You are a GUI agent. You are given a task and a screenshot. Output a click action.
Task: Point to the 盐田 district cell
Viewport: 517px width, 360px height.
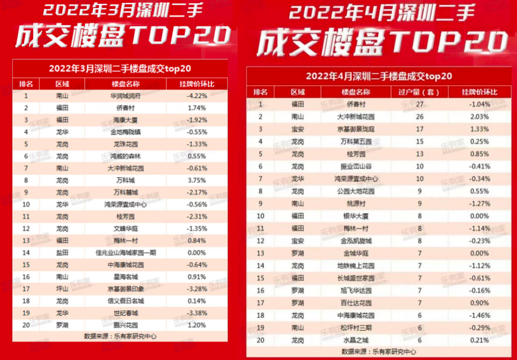click(62, 252)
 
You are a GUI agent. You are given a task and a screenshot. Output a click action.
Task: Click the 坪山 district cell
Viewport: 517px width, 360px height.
click(62, 289)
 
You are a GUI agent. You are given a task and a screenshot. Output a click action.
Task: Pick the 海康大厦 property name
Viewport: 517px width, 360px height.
click(125, 120)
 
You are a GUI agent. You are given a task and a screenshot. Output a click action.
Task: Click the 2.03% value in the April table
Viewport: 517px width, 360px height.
click(479, 117)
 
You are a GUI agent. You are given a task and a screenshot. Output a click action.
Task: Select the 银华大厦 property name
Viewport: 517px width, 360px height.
click(356, 216)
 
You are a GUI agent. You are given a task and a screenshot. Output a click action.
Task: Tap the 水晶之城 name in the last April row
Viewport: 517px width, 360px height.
click(356, 340)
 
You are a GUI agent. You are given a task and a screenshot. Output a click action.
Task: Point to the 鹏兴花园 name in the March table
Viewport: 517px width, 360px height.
click(125, 325)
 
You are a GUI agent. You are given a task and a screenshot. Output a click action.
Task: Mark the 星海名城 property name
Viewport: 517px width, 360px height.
click(125, 277)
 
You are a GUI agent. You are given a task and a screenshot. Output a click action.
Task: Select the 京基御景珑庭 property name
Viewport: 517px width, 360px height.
click(356, 129)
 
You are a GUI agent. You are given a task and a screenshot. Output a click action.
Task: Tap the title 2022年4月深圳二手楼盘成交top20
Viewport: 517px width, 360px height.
click(379, 76)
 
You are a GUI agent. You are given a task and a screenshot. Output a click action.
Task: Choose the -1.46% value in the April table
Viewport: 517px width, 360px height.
click(479, 315)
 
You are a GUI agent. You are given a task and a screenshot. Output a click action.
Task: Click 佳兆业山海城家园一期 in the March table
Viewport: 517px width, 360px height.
click(125, 252)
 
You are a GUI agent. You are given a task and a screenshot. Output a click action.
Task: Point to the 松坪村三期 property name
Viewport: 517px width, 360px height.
click(356, 328)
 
